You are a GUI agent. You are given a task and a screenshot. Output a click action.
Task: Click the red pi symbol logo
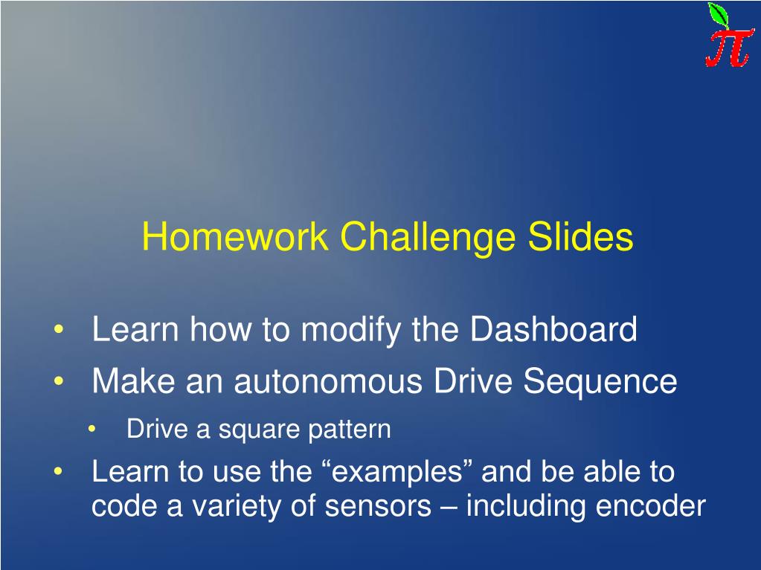(730, 48)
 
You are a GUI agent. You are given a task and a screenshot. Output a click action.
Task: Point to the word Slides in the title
(580, 236)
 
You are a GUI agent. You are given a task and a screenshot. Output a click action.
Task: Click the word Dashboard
(553, 329)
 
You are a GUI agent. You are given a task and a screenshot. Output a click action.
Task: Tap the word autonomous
(328, 381)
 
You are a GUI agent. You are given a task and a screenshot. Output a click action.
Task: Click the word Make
(133, 380)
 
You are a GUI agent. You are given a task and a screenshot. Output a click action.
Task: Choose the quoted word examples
(397, 472)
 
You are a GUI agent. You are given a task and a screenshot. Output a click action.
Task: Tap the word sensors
(378, 507)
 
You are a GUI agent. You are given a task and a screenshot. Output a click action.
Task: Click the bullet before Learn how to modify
(59, 330)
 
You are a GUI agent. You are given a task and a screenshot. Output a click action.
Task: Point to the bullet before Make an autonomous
(59, 381)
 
